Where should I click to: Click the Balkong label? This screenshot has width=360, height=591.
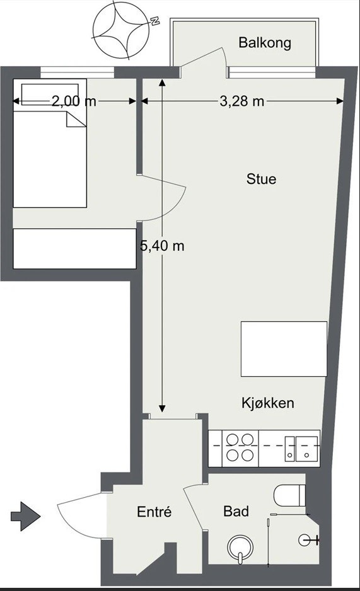point(265,43)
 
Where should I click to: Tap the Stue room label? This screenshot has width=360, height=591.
point(261,179)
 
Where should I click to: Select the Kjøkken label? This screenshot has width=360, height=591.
point(268,403)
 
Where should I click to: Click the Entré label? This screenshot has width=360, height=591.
point(154,512)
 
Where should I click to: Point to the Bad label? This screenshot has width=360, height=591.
point(236,511)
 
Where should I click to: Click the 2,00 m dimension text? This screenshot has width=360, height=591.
point(74,101)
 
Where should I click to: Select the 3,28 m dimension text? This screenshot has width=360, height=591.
point(242,101)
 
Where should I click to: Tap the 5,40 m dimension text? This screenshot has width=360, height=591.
point(162,246)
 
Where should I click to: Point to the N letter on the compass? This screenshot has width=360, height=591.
point(154,21)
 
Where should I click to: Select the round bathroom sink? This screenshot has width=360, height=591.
point(240,547)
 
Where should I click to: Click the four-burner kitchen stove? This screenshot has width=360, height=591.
point(241,446)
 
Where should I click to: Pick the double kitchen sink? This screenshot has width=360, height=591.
point(299,447)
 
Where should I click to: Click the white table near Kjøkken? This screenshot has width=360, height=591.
point(284,349)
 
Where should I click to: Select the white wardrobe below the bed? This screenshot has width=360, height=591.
point(74,248)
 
